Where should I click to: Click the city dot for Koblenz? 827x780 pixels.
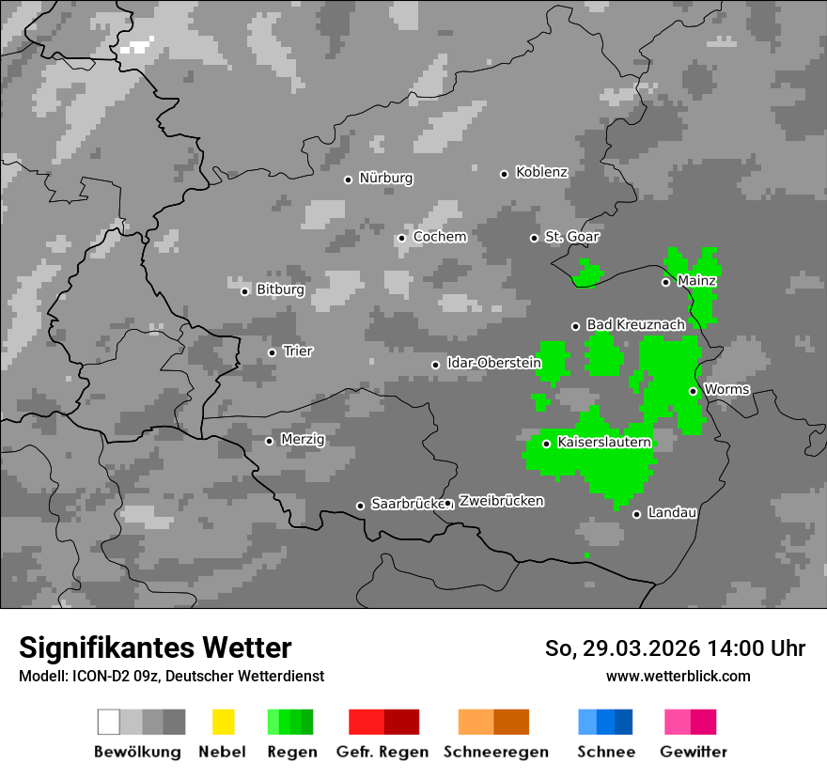point(504,174)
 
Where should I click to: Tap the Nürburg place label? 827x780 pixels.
point(385,178)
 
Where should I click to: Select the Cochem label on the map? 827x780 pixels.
point(439,237)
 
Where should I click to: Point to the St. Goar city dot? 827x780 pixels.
point(534,238)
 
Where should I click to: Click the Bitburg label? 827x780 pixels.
point(280,289)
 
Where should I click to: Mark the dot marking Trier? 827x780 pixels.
point(272,352)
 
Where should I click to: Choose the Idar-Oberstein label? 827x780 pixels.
point(493,363)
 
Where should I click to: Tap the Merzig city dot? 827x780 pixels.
point(269,441)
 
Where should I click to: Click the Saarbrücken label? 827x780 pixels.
point(407,504)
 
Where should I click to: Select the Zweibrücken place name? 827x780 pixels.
point(501,501)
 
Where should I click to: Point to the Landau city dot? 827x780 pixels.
point(636,514)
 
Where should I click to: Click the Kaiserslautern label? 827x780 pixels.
point(604,442)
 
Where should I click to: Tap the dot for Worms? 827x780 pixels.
point(693,391)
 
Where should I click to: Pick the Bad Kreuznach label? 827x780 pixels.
point(635,324)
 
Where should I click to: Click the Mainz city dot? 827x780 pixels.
point(665,282)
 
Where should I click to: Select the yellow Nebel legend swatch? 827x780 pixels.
point(223,722)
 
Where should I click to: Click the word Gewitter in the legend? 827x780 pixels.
point(694,752)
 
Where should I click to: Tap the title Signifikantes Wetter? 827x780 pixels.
point(155,647)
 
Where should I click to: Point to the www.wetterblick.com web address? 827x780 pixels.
point(678,676)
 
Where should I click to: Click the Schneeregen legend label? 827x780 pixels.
point(495,752)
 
